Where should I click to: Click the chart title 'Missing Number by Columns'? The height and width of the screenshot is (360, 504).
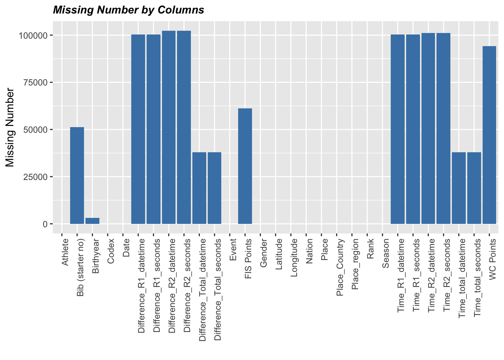(x=129, y=10)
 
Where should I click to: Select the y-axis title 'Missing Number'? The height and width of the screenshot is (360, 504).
(x=10, y=127)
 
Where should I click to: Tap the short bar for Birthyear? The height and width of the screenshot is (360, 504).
(x=92, y=221)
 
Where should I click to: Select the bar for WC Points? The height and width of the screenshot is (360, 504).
(x=489, y=135)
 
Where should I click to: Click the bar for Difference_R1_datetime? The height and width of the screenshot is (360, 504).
(x=138, y=129)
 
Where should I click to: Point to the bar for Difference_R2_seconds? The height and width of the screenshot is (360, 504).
(x=184, y=127)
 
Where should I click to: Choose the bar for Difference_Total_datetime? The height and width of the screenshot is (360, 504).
(x=199, y=188)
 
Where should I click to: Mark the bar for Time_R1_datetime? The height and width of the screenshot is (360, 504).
(x=397, y=129)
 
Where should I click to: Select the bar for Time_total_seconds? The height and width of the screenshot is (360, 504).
(x=474, y=188)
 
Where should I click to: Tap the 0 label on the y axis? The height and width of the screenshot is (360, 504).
(x=45, y=224)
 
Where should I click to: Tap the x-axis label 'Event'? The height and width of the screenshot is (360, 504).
(x=233, y=250)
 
